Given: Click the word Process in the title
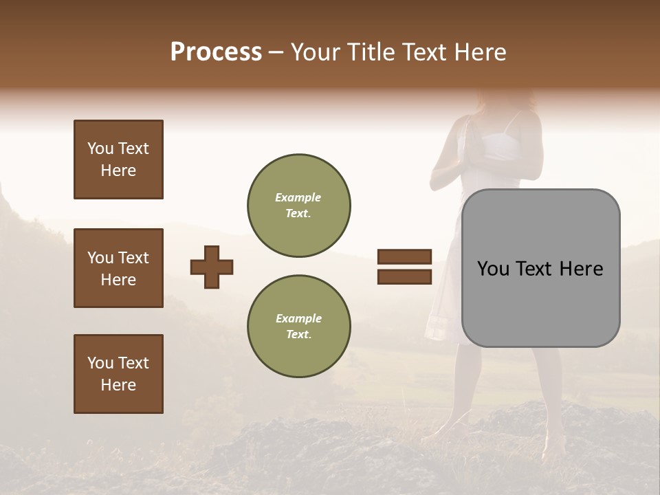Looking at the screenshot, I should [216, 52].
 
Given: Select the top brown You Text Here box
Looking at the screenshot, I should [118, 159].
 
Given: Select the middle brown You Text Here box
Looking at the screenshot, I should [118, 268].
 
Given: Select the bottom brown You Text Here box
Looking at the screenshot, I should [118, 374].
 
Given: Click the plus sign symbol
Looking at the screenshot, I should [212, 266].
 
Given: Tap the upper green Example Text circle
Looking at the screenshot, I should [299, 205].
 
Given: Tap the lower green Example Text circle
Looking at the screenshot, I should [299, 326].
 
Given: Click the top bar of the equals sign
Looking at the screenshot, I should [404, 257].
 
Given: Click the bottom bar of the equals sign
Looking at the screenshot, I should [404, 276].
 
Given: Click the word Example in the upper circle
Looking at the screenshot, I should [298, 197].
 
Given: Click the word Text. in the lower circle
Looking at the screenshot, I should [298, 334].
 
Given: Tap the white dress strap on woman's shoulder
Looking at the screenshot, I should [509, 124].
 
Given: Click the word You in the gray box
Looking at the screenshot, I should [494, 269].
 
